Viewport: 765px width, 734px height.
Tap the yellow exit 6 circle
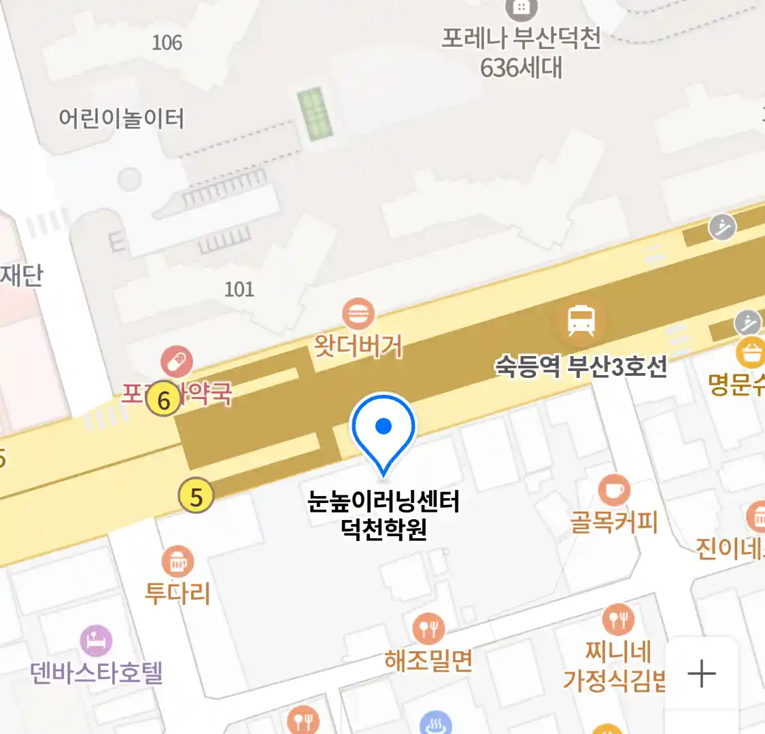163,400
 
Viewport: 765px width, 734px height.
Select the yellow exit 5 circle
196,497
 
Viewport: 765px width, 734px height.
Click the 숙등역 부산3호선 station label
581,367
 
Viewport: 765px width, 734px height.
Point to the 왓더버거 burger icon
358,315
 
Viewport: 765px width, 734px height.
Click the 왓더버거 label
358,347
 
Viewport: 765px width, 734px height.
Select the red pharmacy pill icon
177,362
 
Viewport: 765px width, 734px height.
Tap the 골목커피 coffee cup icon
614,490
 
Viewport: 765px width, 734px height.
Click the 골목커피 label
614,522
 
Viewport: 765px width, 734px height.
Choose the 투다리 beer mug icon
177,561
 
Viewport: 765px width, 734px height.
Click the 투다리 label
177,593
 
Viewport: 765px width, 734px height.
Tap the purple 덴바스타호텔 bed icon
96,641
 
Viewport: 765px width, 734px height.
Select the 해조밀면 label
428,660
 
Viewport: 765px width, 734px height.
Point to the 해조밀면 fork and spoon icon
428,628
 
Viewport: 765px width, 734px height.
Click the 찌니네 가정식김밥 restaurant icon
618,620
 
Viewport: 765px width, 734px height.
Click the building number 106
167,42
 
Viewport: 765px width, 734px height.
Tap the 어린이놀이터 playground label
121,118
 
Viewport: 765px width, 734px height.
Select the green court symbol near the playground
316,113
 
